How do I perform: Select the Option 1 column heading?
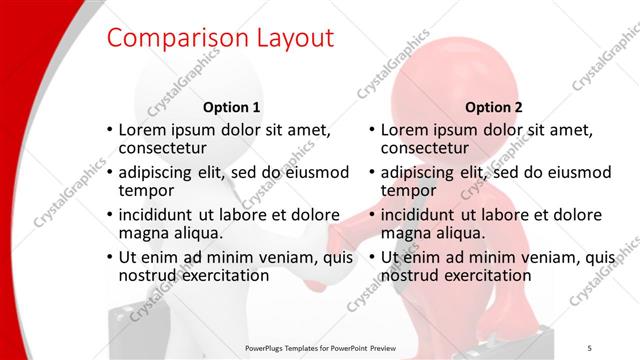tap(231, 107)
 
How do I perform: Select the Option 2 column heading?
tap(493, 107)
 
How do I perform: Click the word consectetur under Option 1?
tap(162, 149)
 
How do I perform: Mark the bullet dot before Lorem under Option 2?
tap(372, 131)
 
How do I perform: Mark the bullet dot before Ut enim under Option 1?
tap(109, 257)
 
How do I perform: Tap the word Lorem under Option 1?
tap(142, 130)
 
